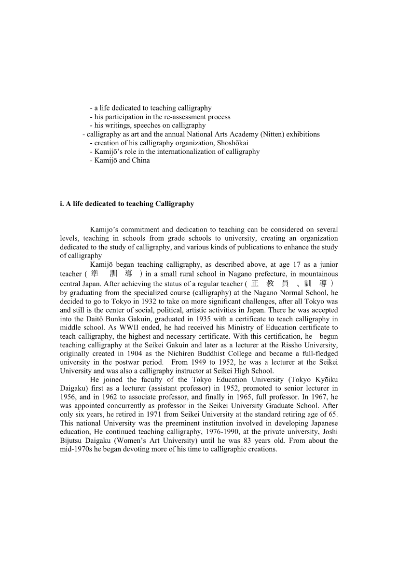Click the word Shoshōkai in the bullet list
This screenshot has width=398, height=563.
pos(233,143)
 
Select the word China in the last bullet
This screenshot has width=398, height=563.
pos(140,160)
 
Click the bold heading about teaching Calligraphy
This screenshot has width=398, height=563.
pos(127,204)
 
